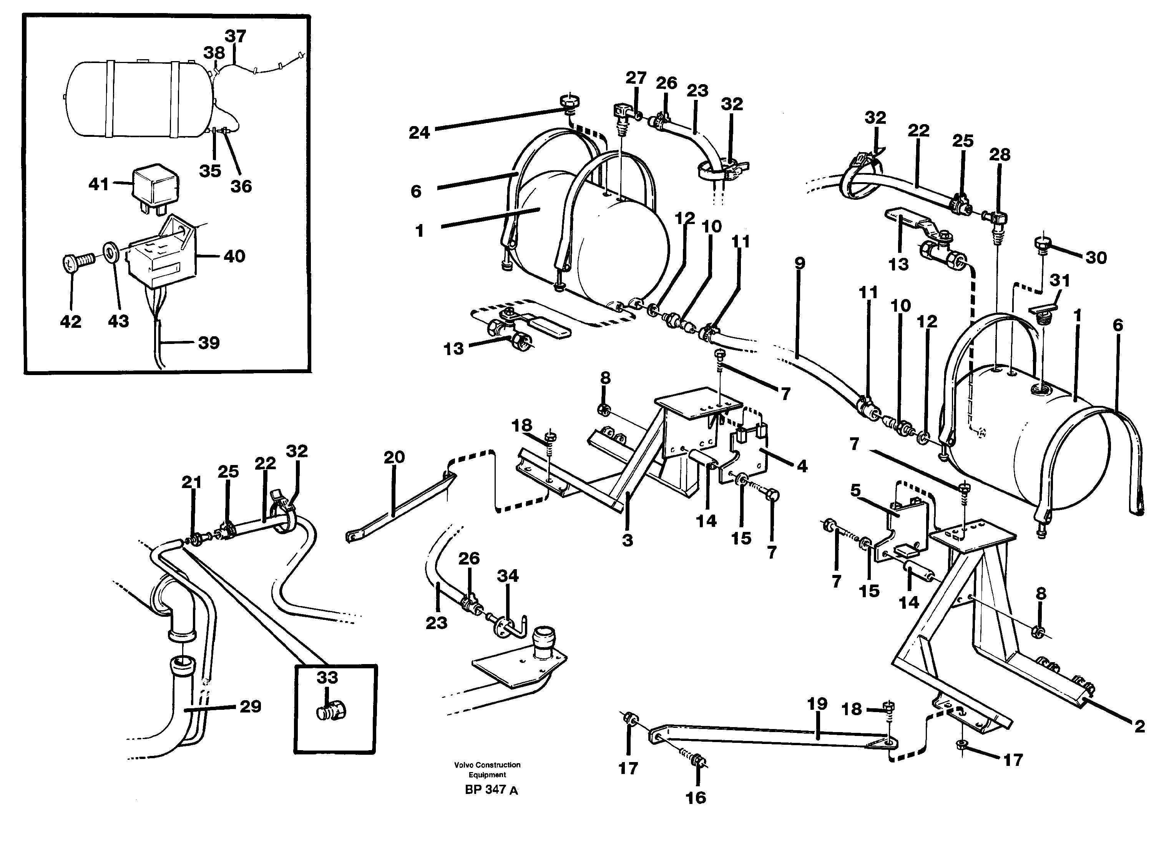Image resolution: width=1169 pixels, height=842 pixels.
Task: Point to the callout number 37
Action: pos(235,36)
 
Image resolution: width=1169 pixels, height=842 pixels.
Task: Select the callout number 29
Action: pos(251,706)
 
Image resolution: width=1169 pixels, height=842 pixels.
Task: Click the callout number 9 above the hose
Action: pos(799,263)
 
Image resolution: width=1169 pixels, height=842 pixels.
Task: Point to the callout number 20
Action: pos(394,457)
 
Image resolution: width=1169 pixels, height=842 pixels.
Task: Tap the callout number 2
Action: pos(1140,727)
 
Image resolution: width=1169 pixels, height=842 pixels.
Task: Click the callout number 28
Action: pos(1000,154)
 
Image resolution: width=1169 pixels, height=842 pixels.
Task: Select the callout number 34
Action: pos(508,576)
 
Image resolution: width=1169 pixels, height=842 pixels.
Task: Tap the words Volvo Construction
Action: pos(487,765)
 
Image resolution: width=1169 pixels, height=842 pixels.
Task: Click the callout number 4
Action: pos(802,466)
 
